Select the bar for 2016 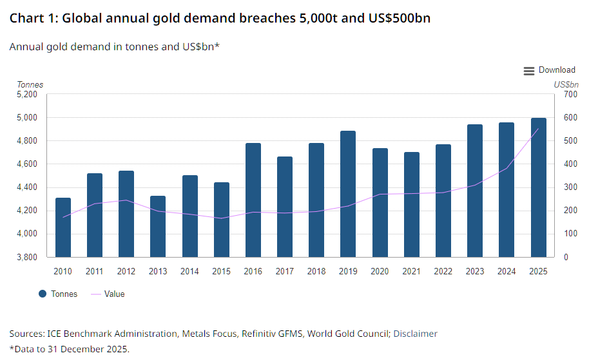pos(253,200)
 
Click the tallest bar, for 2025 pos(538,187)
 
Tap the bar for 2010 pos(63,227)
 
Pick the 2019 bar pos(348,194)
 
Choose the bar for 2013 pos(158,226)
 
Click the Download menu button pos(549,70)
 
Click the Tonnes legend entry pos(58,294)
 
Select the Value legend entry pos(108,294)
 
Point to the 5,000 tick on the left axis pos(27,117)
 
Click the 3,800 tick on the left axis pos(27,257)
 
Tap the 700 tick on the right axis pos(570,94)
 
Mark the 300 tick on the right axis pos(570,187)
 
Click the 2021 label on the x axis pos(411,271)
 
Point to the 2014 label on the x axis pos(189,271)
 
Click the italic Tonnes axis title pos(30,84)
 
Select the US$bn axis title pos(566,84)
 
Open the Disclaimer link pos(415,334)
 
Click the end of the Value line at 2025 pos(538,129)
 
